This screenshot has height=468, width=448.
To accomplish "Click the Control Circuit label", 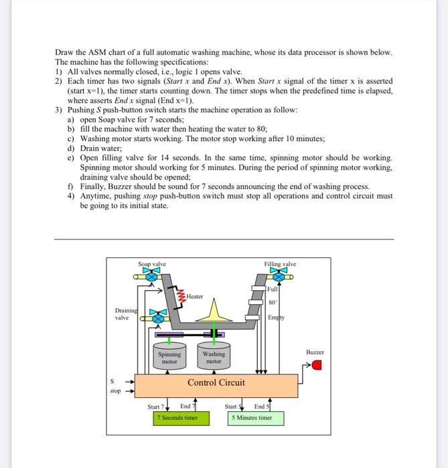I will tap(216, 383).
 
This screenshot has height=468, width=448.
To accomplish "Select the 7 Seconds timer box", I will tap(180, 418).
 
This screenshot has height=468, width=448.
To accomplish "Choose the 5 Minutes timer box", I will tap(254, 418).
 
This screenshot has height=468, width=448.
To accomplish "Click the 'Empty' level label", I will tap(275, 318).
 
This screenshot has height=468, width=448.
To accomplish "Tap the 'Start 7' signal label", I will tap(156, 406).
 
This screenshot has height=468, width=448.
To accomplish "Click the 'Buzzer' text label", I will tap(315, 352).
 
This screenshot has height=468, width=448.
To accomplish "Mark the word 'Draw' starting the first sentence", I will tap(62, 53).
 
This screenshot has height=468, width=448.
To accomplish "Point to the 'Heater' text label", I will tap(196, 296).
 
